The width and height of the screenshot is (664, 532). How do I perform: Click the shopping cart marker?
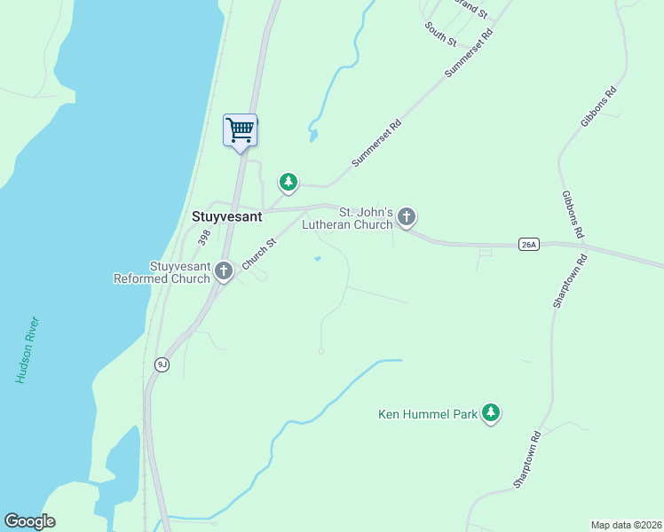tap(240, 131)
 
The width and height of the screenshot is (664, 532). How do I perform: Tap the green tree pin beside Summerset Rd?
tap(288, 183)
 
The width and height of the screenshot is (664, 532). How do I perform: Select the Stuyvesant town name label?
tap(227, 215)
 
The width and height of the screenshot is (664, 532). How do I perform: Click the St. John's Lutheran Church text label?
tap(346, 218)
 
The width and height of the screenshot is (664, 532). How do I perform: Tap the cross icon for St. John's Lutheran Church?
tap(407, 215)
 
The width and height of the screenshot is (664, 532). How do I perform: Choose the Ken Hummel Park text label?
tap(427, 413)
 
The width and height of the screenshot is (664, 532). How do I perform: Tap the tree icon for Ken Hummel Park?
tap(491, 412)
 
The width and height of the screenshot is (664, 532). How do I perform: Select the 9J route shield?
tap(161, 364)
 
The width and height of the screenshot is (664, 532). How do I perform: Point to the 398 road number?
tap(204, 238)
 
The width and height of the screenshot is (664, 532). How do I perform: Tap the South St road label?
tap(440, 35)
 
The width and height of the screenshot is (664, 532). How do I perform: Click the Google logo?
tap(30, 521)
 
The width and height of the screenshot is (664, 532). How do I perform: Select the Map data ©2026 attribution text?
tap(626, 525)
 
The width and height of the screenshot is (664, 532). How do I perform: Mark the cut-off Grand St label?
tap(470, 9)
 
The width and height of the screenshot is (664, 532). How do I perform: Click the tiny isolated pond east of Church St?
tap(318, 259)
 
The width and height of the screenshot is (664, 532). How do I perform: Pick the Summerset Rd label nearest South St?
tap(469, 53)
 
